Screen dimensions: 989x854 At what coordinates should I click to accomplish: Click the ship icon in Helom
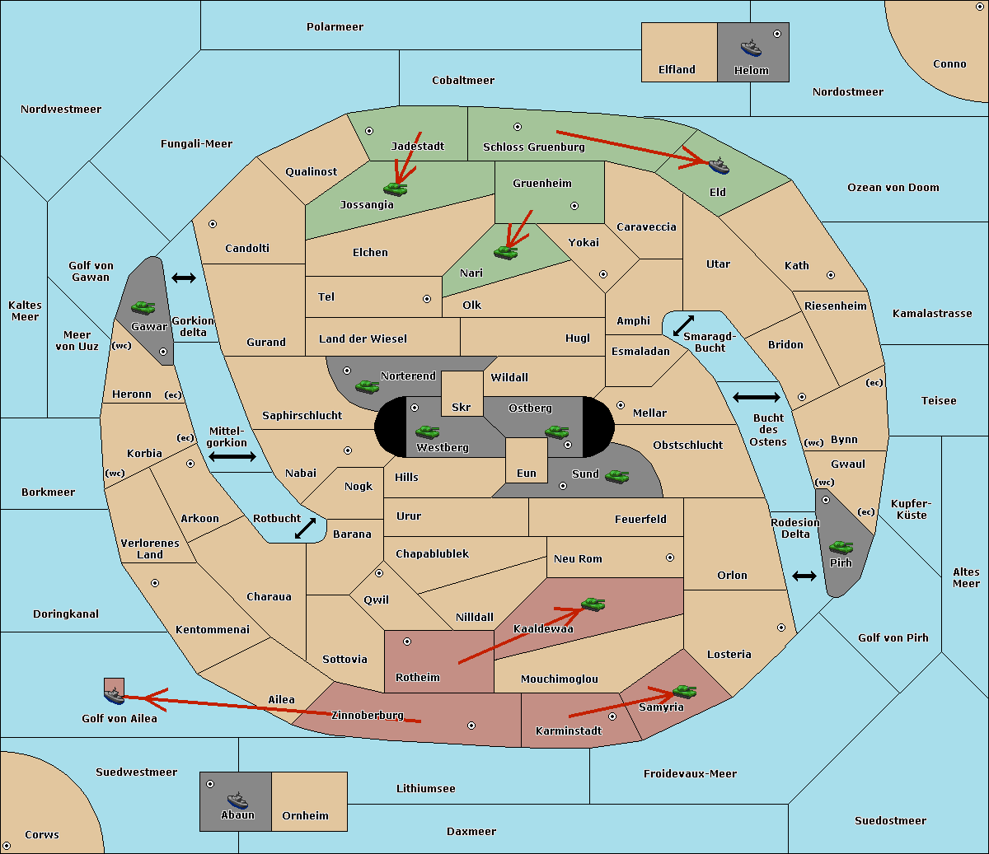click(751, 48)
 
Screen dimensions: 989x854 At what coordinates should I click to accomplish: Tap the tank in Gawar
click(143, 307)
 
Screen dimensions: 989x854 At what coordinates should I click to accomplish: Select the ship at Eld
click(719, 166)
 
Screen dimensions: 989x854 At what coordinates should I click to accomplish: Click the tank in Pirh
click(841, 547)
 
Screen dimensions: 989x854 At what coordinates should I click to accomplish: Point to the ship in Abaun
click(237, 800)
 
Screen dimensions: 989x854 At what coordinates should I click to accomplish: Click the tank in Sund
click(616, 476)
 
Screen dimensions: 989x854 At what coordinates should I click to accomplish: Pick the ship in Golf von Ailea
click(115, 696)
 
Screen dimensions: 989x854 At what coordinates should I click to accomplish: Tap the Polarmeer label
click(335, 27)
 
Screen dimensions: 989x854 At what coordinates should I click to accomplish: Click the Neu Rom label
click(578, 558)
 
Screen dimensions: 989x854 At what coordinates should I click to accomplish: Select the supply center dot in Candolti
click(213, 224)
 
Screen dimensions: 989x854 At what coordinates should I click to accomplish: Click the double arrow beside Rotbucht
click(305, 528)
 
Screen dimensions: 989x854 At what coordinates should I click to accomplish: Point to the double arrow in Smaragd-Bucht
click(683, 325)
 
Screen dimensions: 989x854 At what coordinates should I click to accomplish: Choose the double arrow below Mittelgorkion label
click(232, 457)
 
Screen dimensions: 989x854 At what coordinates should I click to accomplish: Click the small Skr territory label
click(461, 407)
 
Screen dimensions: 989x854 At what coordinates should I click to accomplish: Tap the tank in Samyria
click(684, 692)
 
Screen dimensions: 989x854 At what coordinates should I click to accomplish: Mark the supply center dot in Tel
click(427, 299)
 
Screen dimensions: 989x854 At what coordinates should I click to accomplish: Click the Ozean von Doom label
click(893, 187)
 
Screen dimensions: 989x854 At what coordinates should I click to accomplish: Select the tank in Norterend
click(367, 386)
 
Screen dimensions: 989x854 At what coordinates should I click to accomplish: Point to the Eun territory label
click(527, 473)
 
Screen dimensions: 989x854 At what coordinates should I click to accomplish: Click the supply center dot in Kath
click(831, 275)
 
